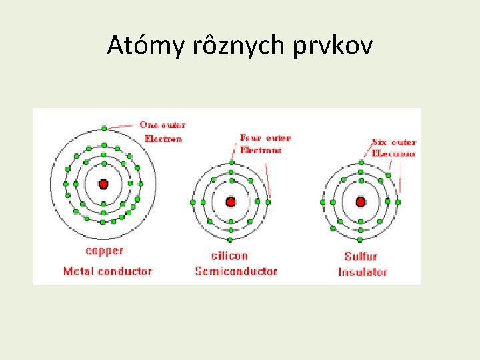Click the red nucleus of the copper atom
[x=103, y=184]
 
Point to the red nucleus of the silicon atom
[x=231, y=201]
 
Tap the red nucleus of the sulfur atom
[x=361, y=201]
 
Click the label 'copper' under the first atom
[x=105, y=251]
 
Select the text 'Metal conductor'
[x=107, y=271]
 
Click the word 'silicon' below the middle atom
[x=229, y=255]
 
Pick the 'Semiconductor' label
[x=236, y=271]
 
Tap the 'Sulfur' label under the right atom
[x=361, y=256]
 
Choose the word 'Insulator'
[x=363, y=272]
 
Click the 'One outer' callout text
[x=163, y=125]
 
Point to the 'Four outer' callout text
[x=265, y=138]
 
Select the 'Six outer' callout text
[x=394, y=142]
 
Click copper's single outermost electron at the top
[x=104, y=127]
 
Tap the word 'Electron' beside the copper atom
[x=163, y=139]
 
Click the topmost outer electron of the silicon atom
[x=231, y=163]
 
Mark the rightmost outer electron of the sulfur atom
[x=398, y=201]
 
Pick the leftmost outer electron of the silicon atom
[x=193, y=202]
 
